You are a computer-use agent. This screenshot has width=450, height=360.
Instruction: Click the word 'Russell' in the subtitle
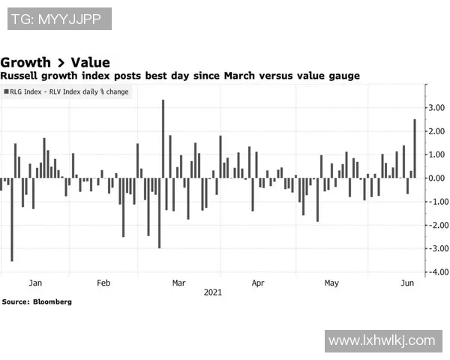(21, 76)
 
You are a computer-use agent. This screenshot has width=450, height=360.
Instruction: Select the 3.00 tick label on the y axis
(437, 108)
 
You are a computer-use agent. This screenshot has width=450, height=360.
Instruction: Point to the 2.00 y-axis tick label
(437, 131)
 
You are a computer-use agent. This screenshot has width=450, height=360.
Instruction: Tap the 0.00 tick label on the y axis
(437, 178)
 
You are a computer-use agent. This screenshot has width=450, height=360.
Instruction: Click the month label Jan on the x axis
(34, 283)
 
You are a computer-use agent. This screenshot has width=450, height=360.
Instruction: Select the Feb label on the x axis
(103, 283)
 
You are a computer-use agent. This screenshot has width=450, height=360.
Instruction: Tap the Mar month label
(178, 283)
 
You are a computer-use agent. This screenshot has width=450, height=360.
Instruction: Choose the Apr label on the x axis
(258, 283)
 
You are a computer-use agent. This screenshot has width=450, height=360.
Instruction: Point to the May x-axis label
(331, 283)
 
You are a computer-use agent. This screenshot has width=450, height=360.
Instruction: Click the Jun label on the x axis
(408, 283)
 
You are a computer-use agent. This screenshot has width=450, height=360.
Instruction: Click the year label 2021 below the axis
(213, 292)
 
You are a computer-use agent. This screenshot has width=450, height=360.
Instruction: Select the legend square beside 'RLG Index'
(7, 91)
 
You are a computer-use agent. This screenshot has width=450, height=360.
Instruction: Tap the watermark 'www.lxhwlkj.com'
(381, 340)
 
